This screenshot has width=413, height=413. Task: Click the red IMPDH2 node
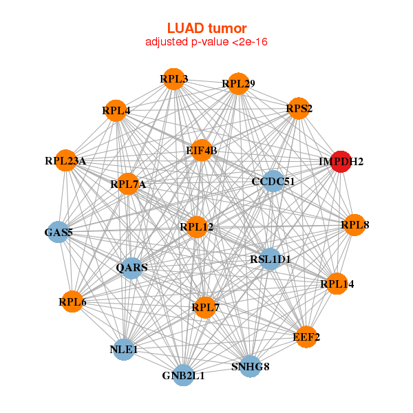(x=341, y=161)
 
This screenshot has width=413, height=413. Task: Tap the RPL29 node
(x=238, y=84)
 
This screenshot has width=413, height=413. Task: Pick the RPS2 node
(x=299, y=108)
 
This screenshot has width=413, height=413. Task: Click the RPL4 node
(x=116, y=110)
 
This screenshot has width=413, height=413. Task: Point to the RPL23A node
(x=65, y=160)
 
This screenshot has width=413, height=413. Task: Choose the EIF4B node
(x=201, y=150)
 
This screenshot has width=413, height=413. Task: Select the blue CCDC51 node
(x=273, y=181)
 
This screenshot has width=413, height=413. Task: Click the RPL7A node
(x=128, y=184)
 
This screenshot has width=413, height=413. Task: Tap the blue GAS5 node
(x=59, y=232)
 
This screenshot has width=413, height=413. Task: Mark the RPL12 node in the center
(x=197, y=226)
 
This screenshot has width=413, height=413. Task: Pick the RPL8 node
(x=354, y=224)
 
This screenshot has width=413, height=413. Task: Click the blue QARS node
(x=131, y=267)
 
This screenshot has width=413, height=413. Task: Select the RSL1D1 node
(x=270, y=260)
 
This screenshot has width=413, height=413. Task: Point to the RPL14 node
(x=337, y=283)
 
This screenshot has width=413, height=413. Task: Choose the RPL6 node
(x=72, y=301)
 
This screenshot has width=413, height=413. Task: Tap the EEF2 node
(x=306, y=337)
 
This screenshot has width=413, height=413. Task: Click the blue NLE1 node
(x=124, y=350)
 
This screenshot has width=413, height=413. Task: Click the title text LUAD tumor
(x=206, y=28)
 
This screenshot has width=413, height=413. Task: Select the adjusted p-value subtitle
(x=206, y=42)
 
